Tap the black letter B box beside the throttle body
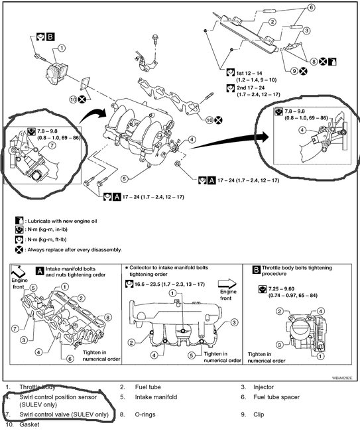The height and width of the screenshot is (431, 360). tap(50, 37)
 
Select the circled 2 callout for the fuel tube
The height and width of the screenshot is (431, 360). tap(272, 22)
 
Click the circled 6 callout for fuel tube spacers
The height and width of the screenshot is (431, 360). tap(311, 8)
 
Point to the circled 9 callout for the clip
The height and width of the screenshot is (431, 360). tap(294, 71)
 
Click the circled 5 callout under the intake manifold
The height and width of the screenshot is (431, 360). tap(125, 179)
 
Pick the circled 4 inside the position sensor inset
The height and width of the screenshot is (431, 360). tap(302, 129)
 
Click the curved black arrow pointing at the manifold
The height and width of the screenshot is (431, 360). tap(93, 115)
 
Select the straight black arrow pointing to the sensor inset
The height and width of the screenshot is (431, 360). tap(230, 141)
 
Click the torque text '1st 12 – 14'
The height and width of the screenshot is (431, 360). tap(249, 74)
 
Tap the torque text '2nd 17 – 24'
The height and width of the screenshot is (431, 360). tap(251, 88)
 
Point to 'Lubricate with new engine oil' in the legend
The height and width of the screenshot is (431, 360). tap(62, 221)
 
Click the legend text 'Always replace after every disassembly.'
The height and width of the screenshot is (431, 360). tap(74, 250)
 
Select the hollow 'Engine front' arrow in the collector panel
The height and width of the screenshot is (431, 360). tap(227, 283)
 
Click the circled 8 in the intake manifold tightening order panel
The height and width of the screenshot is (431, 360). tap(108, 318)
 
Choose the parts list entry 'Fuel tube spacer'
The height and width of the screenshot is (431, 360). tap(276, 397)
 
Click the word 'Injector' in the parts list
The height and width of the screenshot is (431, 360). tap(264, 387)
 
